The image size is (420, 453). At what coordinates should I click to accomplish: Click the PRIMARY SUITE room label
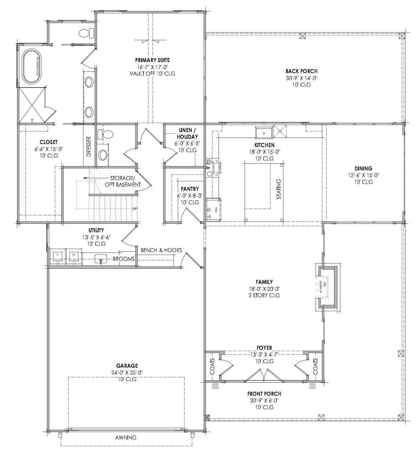click(x=152, y=60)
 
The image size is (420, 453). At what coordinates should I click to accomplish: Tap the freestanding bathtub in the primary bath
click(x=31, y=67)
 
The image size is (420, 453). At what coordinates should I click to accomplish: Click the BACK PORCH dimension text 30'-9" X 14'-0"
click(x=301, y=78)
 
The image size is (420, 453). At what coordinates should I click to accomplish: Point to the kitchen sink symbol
click(x=264, y=133)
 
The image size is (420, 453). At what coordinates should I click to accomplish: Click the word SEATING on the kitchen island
click(x=279, y=189)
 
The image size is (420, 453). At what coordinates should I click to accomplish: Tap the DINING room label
click(x=363, y=169)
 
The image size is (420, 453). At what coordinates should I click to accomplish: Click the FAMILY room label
click(x=264, y=282)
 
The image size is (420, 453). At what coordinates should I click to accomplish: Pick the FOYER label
click(x=264, y=348)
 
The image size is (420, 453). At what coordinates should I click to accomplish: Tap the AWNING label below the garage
click(x=126, y=438)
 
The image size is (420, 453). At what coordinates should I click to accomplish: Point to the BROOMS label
click(x=124, y=259)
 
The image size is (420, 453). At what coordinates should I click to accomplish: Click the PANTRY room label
click(x=190, y=189)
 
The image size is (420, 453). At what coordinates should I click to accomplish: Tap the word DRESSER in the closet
click(x=89, y=147)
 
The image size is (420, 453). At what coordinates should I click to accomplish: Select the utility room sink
click(x=101, y=259)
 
